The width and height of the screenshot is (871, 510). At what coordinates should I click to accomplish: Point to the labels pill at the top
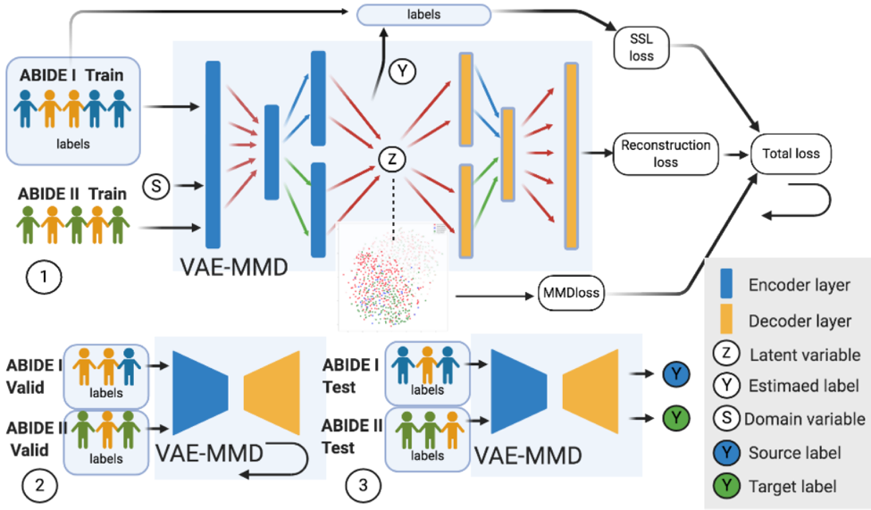pyautogui.click(x=423, y=14)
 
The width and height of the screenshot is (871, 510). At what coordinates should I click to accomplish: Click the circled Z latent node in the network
pyautogui.click(x=389, y=159)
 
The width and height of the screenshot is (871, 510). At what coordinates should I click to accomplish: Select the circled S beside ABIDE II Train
pyautogui.click(x=156, y=187)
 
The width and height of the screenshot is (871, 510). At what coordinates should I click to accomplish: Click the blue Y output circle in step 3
pyautogui.click(x=676, y=374)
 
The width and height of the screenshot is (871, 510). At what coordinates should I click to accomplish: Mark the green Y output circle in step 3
pyautogui.click(x=676, y=417)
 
